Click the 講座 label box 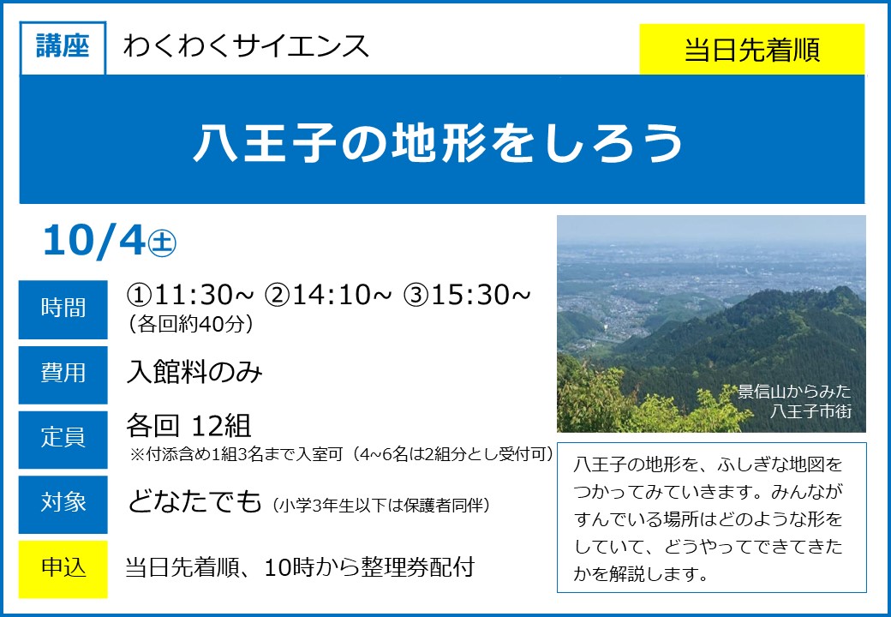tap(63, 48)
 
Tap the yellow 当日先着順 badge tap(752, 50)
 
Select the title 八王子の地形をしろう tap(438, 142)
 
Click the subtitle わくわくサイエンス tap(246, 46)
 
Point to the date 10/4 tap(93, 240)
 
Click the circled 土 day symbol tap(162, 243)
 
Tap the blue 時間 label tap(63, 309)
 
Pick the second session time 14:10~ tap(328, 295)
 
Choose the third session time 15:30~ tap(467, 295)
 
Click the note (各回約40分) tap(190, 324)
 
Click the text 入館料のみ tap(194, 373)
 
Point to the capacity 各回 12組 tap(188, 426)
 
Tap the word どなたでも tap(194, 501)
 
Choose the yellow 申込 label tap(63, 569)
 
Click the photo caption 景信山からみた tap(794, 392)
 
